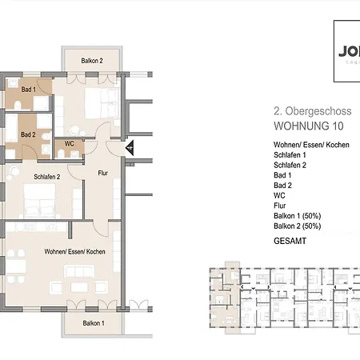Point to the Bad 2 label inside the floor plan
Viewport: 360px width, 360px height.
click(x=28, y=134)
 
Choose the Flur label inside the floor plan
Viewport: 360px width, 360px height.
click(x=102, y=172)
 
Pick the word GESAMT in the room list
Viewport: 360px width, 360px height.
click(x=290, y=240)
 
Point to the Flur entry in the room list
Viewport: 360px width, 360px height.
click(x=280, y=205)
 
